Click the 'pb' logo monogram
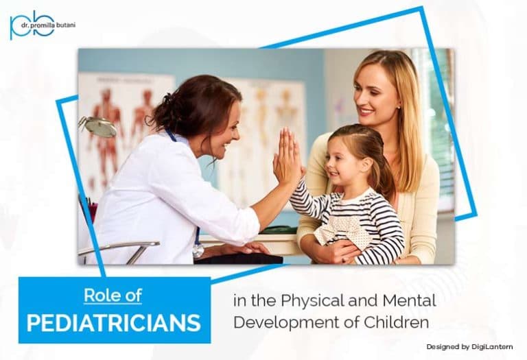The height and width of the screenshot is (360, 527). point(32,25)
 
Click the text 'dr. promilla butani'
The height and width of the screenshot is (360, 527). point(48,25)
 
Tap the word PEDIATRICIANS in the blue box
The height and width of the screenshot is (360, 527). point(114,323)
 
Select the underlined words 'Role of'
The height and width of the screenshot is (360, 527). point(113,296)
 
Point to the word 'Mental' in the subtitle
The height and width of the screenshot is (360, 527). point(410,300)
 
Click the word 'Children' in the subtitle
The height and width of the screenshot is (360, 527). point(397,322)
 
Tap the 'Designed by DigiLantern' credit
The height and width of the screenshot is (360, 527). point(469,347)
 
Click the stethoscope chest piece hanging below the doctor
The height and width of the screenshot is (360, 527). point(198,251)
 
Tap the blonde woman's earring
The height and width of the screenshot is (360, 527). point(399,107)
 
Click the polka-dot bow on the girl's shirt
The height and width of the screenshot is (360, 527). point(343,229)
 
